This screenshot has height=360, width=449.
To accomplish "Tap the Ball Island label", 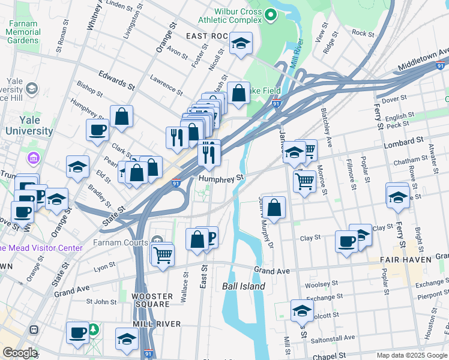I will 244,286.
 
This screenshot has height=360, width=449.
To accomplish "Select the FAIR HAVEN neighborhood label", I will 406,260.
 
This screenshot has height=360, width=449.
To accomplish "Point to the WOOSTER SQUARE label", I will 152,301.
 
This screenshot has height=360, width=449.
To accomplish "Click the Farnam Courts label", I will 119,243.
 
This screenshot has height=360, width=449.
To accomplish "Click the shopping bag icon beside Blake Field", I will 239,93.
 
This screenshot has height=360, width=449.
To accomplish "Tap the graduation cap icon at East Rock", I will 241,43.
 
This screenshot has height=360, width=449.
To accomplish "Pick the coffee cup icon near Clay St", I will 346,241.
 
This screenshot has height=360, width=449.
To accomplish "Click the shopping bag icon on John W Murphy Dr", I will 274,208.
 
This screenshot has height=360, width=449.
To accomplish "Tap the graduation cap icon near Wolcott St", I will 302,310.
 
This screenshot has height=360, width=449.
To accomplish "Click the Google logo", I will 20,353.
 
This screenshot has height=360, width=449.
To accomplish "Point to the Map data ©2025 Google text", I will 411,355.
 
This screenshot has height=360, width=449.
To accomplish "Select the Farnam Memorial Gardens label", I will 23,31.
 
